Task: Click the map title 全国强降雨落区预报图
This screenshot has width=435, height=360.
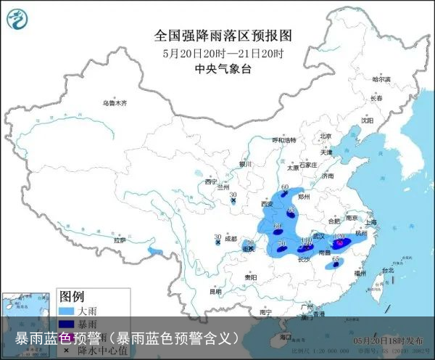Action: (x=223, y=35)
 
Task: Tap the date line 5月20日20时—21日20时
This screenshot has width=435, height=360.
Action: (x=223, y=53)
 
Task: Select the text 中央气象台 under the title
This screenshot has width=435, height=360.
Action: (x=223, y=69)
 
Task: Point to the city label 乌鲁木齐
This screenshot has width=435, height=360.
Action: (x=114, y=103)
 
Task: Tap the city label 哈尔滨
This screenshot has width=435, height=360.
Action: (x=381, y=78)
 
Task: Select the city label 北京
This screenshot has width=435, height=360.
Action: (x=326, y=136)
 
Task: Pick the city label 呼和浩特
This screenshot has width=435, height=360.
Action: (x=284, y=139)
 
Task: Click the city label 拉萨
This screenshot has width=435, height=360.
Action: (x=120, y=240)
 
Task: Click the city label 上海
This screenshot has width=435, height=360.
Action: (x=371, y=221)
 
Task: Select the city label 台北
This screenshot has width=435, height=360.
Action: (x=386, y=270)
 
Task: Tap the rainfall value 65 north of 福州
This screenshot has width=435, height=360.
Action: (x=336, y=259)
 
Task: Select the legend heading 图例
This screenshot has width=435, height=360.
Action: (x=72, y=296)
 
